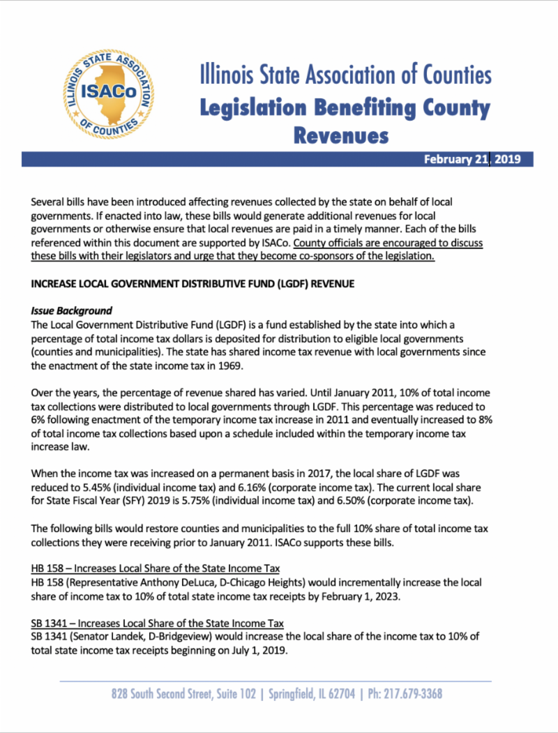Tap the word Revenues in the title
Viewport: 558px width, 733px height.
pos(340,135)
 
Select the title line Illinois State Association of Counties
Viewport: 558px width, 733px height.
pos(345,75)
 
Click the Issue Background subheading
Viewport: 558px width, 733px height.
pos(71,310)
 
